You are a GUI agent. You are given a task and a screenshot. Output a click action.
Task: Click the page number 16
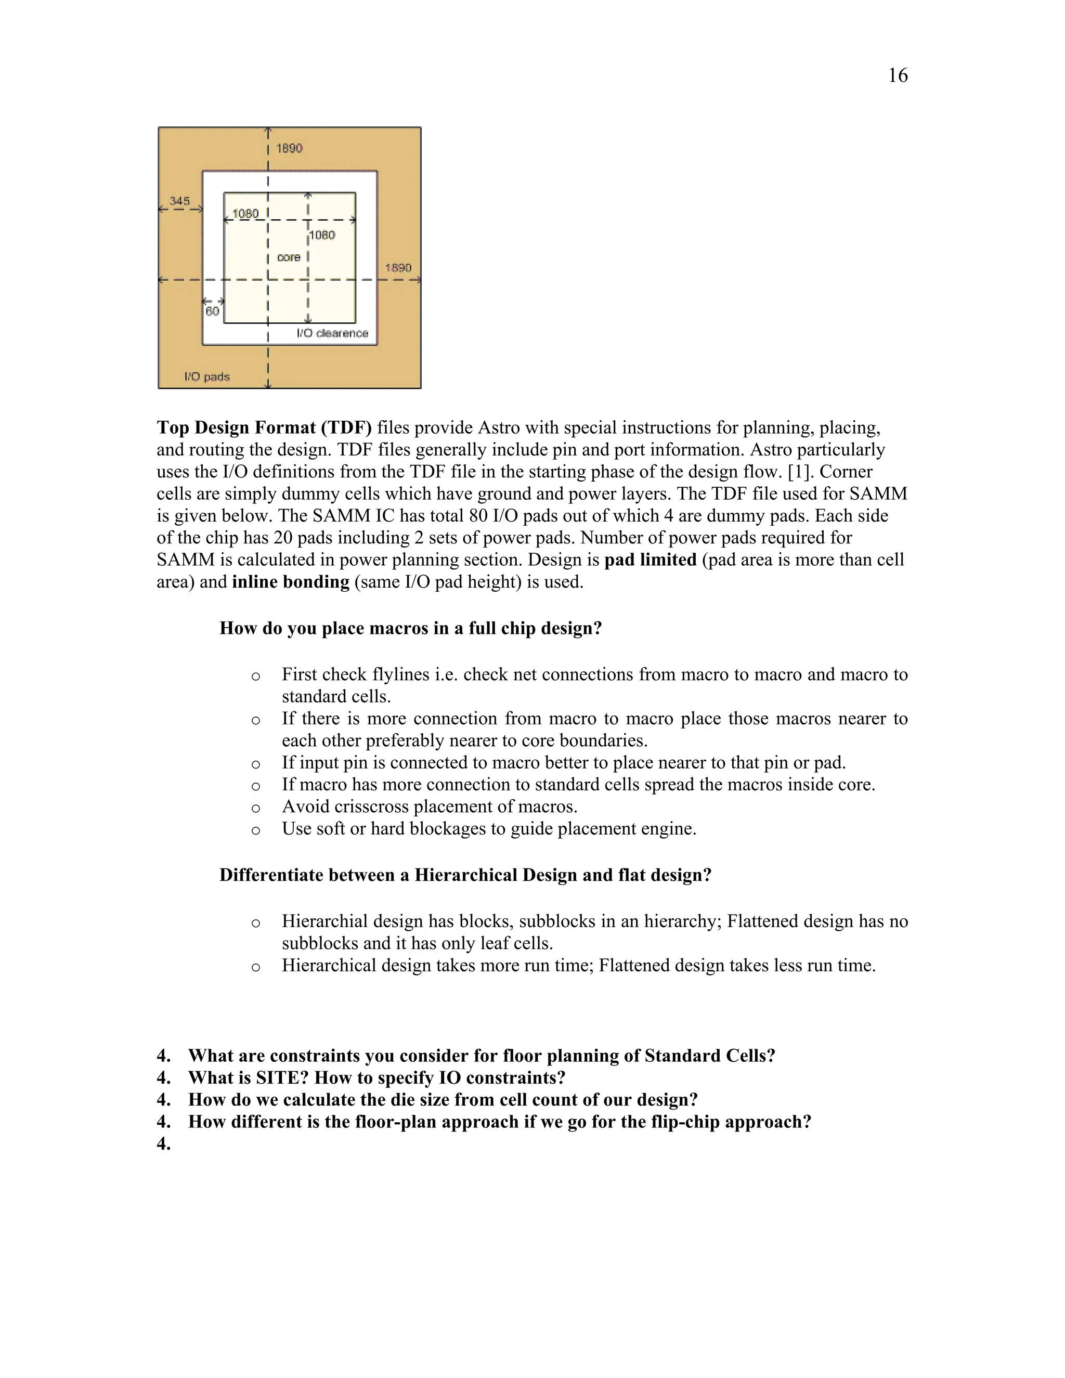[x=897, y=76]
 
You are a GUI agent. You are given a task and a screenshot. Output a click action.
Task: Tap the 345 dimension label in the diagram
[x=179, y=201]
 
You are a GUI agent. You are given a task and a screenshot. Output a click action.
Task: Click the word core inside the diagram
[x=288, y=257]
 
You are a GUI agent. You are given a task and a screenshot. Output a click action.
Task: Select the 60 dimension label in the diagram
[x=212, y=311]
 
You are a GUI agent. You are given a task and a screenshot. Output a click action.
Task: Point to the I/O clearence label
[x=332, y=333]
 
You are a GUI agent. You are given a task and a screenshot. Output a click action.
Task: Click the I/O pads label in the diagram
[x=207, y=376]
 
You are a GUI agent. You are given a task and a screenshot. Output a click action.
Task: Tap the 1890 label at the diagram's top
[x=290, y=148]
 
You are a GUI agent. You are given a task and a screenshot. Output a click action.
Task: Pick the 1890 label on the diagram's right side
[x=398, y=267]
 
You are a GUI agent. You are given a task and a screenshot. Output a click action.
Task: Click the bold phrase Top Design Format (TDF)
[x=264, y=428]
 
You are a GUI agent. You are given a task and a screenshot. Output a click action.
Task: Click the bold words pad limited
[x=650, y=560]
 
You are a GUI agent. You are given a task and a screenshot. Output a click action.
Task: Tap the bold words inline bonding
[x=290, y=582]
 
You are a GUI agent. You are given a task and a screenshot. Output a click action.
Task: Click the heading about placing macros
[x=410, y=629]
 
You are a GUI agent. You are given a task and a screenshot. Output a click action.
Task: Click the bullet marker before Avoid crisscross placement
[x=255, y=808]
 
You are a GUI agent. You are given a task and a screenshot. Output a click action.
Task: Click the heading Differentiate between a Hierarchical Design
[x=465, y=875]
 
